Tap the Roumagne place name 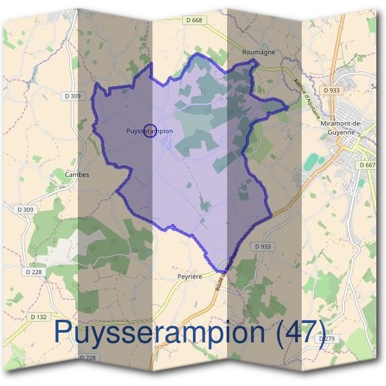click(259, 52)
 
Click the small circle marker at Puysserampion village click(150, 131)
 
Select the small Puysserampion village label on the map click(149, 131)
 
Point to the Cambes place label click(77, 174)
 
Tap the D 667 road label click(368, 165)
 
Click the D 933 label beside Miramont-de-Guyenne click(332, 90)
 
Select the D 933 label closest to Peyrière click(264, 246)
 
